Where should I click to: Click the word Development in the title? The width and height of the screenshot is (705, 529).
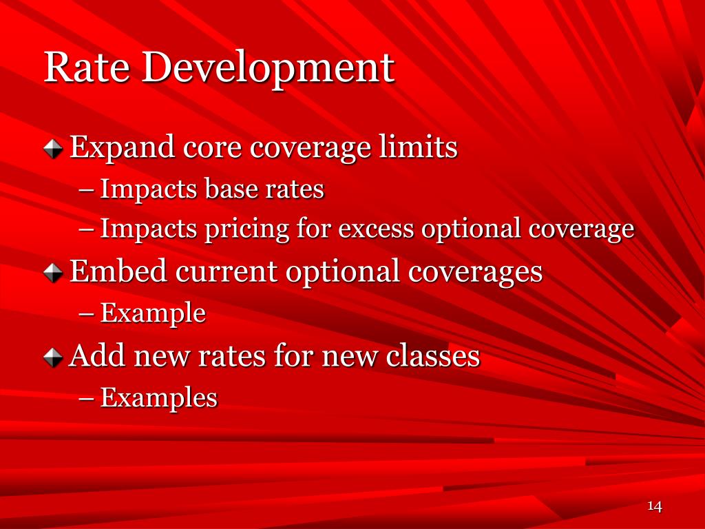pyautogui.click(x=269, y=69)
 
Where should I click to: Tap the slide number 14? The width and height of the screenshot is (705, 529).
pyautogui.click(x=654, y=507)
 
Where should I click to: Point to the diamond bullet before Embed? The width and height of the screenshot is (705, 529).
pyautogui.click(x=54, y=273)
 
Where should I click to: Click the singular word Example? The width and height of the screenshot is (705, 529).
pyautogui.click(x=153, y=314)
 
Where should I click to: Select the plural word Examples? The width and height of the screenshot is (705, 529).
pyautogui.click(x=158, y=398)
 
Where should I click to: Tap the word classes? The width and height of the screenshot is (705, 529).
pyautogui.click(x=432, y=356)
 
